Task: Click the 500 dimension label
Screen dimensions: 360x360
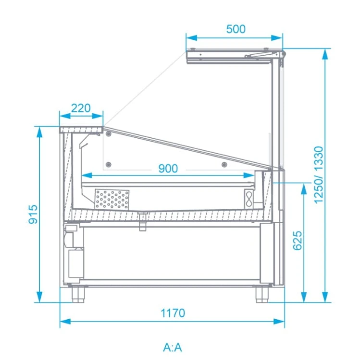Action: click(x=236, y=29)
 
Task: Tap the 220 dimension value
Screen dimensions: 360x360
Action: click(x=81, y=108)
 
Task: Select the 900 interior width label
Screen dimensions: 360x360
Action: click(x=168, y=168)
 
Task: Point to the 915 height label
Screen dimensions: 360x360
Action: click(x=33, y=214)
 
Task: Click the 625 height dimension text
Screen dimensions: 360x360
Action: click(x=298, y=240)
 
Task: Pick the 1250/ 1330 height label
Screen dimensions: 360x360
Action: click(x=319, y=175)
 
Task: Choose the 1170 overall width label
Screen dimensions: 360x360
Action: click(x=173, y=313)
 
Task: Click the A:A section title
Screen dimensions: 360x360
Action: click(x=173, y=348)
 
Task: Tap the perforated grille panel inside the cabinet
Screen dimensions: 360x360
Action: click(x=112, y=199)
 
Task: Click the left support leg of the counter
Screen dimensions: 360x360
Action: click(x=78, y=294)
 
